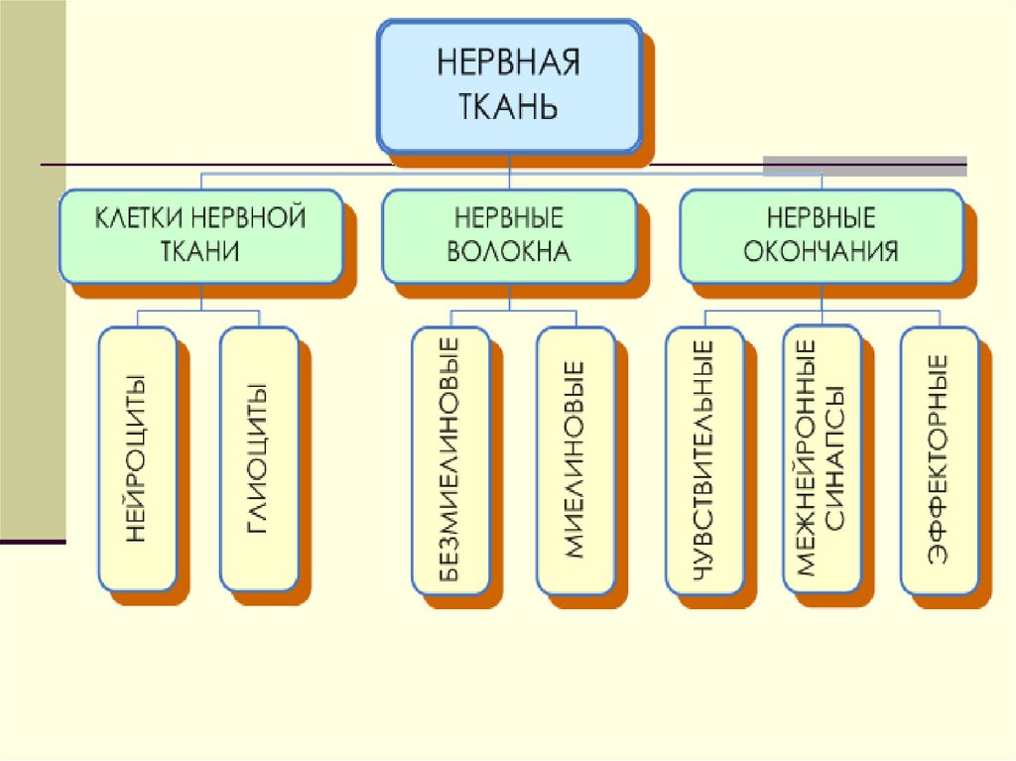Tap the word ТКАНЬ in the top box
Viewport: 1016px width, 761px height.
508,105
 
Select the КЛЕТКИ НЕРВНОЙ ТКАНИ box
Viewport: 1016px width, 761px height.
200,235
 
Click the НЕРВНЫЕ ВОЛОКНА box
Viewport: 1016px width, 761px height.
508,235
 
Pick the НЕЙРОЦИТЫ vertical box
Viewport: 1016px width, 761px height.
137,458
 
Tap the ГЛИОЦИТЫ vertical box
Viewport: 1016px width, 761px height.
258,458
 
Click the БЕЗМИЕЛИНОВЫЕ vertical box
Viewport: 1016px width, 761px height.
449,460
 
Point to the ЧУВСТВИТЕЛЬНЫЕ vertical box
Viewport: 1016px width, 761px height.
703,460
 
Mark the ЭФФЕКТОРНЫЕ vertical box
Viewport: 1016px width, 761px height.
938,460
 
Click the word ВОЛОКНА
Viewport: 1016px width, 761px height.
508,251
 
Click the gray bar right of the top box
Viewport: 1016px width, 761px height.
863,165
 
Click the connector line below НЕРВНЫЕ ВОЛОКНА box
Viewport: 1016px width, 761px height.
509,298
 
